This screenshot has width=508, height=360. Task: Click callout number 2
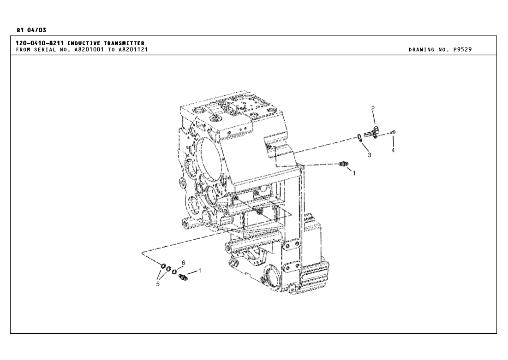[x=373, y=108]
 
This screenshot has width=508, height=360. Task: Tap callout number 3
[x=370, y=155]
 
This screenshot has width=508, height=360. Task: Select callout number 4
[x=393, y=150]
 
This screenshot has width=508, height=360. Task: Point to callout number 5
[x=158, y=284]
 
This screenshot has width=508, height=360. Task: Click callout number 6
[x=183, y=262]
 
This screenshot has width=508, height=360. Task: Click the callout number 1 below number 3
[x=354, y=173]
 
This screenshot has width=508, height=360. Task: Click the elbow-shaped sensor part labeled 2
[x=371, y=133]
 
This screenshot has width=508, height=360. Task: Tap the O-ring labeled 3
[x=359, y=137]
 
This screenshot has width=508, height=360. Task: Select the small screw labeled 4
[x=393, y=133]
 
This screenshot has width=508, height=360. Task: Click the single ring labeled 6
[x=174, y=271]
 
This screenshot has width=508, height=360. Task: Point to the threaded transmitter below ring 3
[x=344, y=164]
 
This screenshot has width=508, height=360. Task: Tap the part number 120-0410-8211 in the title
[x=40, y=43]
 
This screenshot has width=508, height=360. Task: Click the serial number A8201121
[x=133, y=49]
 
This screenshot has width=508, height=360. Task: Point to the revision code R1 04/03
[x=31, y=30]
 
